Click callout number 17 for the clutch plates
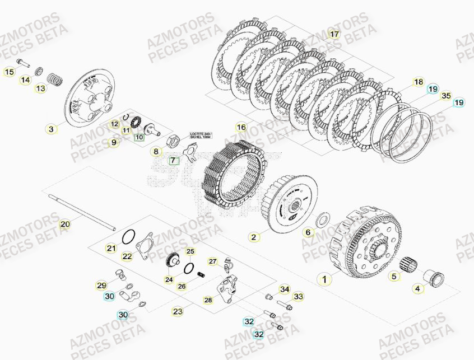coord(334,34)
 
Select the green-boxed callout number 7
coord(173,161)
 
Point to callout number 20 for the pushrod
coord(65,224)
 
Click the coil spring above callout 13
coord(54,80)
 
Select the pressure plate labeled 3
coord(90,102)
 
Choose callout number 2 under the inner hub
coord(254,237)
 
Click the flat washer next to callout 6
coord(323,218)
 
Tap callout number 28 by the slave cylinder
coord(208,300)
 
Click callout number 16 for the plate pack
coord(241,127)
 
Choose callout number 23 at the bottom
coord(178,311)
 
